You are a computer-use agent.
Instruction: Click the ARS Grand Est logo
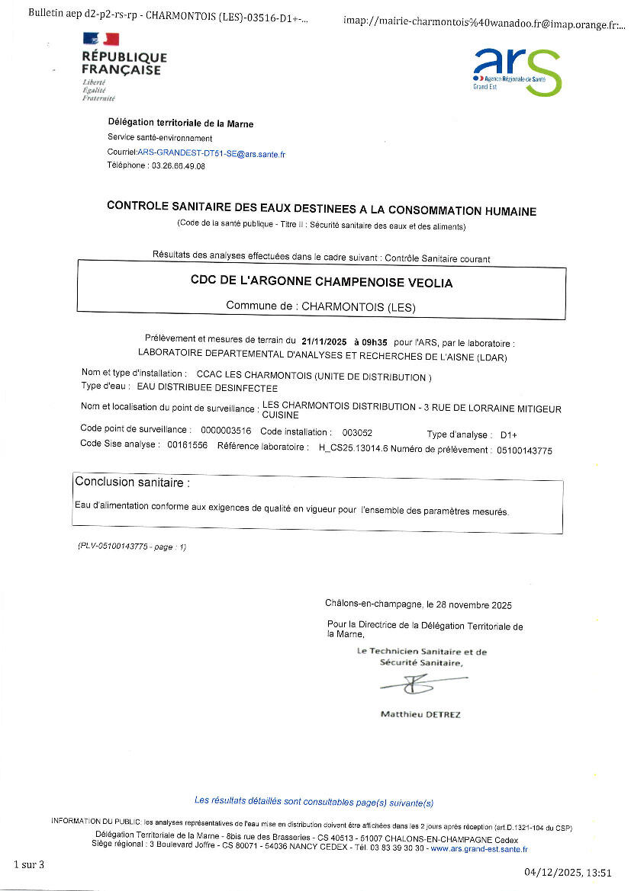[517, 72]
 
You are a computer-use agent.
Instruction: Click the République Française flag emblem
[101, 39]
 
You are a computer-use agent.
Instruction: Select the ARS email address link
[211, 154]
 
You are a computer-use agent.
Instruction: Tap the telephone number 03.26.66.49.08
[179, 165]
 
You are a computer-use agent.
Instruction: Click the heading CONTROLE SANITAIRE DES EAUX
[321, 210]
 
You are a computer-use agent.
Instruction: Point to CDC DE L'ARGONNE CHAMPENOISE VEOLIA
[321, 282]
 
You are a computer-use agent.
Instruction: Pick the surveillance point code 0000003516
[225, 431]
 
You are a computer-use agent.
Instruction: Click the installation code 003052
[357, 432]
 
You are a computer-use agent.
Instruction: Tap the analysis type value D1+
[509, 434]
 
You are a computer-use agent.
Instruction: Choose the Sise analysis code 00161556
[187, 444]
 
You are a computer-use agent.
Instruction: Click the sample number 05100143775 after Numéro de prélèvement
[523, 450]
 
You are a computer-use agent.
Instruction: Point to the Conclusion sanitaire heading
[131, 482]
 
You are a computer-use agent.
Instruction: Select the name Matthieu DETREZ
[420, 715]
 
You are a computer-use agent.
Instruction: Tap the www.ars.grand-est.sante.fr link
[479, 848]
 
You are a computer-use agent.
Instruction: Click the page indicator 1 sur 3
[30, 864]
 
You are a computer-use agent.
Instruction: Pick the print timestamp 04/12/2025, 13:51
[568, 873]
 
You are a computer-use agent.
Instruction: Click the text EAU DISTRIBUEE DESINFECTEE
[197, 388]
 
